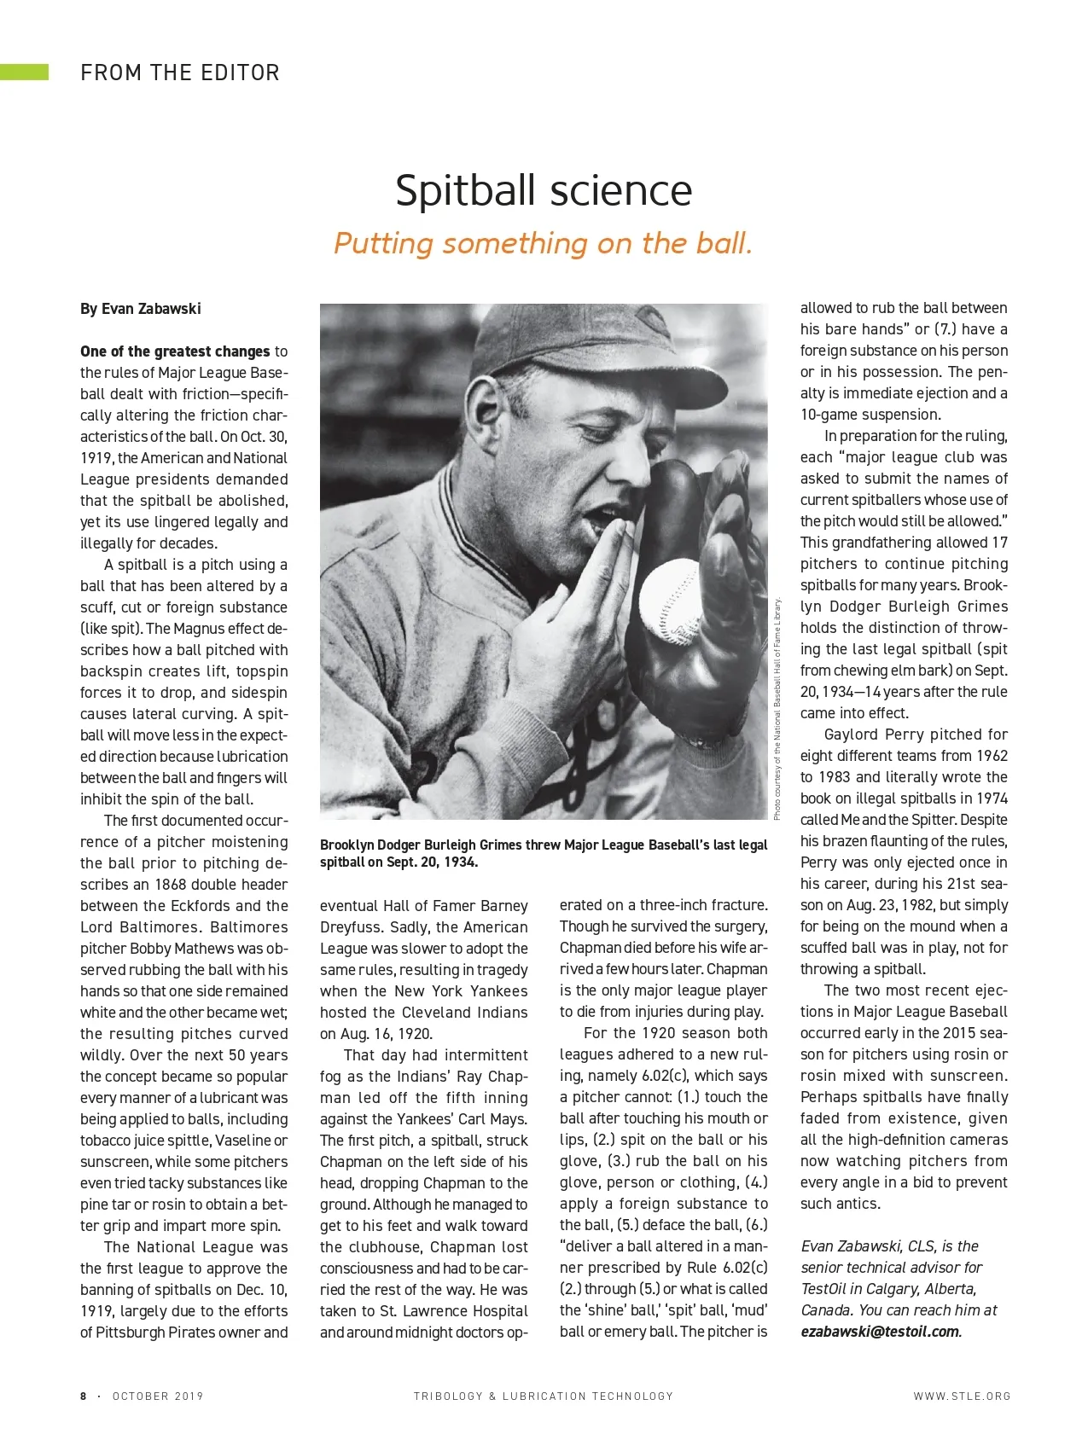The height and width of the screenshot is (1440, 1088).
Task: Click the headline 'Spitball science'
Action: [544, 190]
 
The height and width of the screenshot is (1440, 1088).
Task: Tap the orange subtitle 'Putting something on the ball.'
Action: [544, 243]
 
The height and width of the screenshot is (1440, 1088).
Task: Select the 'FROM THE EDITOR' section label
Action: [180, 73]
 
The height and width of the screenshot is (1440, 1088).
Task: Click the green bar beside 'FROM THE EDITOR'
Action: [24, 73]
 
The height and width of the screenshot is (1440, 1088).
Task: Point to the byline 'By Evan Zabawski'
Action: [141, 309]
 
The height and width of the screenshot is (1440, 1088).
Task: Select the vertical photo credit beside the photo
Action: [777, 708]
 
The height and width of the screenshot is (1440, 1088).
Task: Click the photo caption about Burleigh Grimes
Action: [544, 853]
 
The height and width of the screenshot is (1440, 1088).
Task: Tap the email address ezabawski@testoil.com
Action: [880, 1332]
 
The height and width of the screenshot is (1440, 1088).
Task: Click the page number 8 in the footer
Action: [84, 1396]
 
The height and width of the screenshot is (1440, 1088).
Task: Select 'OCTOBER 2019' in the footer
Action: [158, 1396]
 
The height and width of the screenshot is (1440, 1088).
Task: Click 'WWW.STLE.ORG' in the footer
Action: [962, 1396]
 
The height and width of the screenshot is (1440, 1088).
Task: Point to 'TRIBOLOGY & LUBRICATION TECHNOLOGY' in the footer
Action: [544, 1396]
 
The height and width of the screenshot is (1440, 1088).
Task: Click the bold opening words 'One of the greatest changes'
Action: [175, 351]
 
